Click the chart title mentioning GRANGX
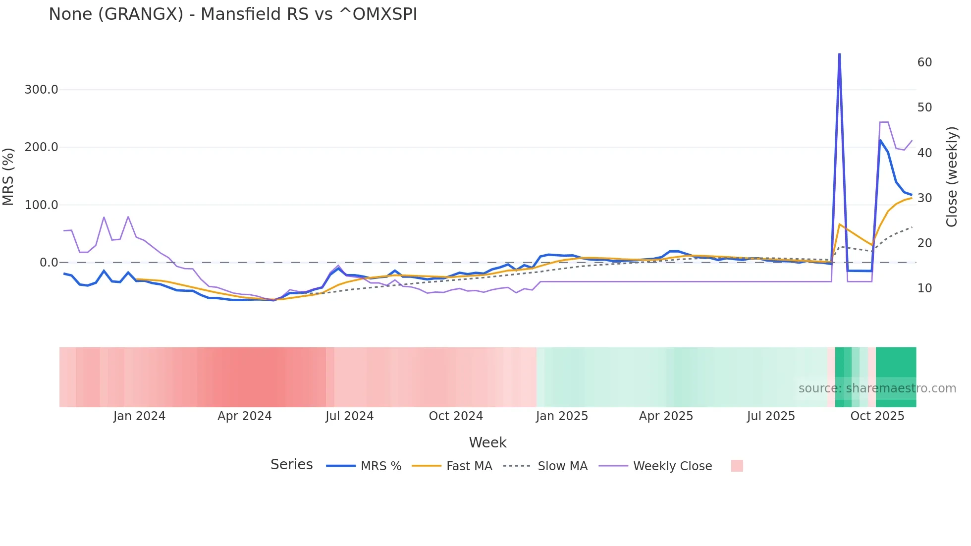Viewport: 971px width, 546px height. (233, 14)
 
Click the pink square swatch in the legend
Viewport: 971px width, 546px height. (737, 466)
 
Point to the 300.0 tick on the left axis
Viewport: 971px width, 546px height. (42, 90)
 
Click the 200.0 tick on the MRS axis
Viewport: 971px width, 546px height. (42, 147)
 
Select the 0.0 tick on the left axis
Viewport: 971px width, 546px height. (49, 263)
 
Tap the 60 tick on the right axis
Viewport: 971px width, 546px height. (924, 62)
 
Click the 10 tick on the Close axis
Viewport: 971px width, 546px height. (924, 288)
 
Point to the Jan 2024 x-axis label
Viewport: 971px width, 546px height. (139, 416)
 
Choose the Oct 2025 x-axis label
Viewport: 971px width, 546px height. (877, 416)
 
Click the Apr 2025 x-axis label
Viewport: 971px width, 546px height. (666, 416)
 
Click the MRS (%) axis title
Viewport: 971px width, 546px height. (8, 176)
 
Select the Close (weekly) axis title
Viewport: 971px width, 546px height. (952, 176)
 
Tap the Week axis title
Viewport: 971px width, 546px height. (487, 442)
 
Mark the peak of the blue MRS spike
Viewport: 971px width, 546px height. (839, 54)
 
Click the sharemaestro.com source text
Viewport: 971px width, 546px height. (877, 388)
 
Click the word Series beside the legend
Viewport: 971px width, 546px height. (291, 465)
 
